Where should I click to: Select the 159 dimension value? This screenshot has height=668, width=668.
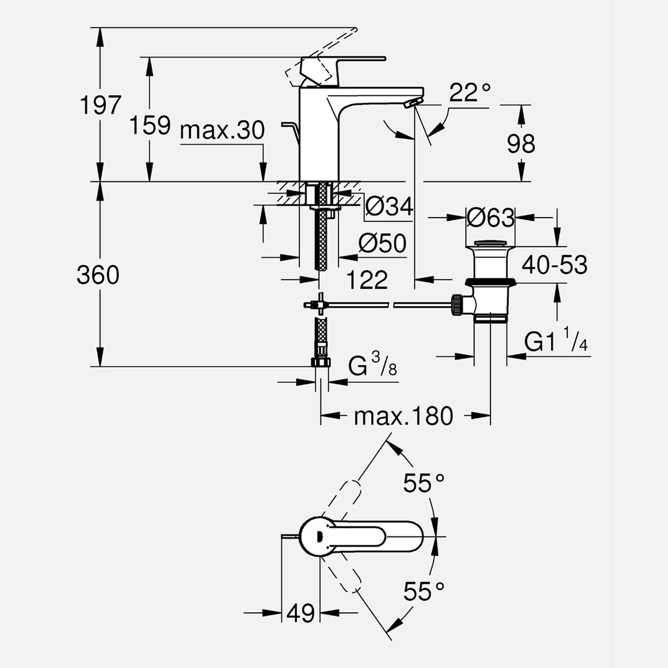(150, 126)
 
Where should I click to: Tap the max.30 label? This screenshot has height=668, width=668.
(222, 131)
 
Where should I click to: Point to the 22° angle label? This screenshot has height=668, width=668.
(469, 93)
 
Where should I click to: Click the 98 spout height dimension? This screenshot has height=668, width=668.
(521, 144)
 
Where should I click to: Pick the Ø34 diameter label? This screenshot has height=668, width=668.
(388, 206)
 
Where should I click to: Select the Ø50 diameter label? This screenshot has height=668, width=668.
(382, 244)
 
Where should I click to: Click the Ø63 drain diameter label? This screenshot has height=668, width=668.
(490, 217)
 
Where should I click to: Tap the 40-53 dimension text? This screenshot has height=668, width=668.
(554, 265)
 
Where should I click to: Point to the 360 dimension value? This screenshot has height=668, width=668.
(98, 275)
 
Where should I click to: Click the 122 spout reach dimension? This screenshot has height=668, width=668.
(367, 280)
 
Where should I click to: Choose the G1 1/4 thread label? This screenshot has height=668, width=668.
(556, 342)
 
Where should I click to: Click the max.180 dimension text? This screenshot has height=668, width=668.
(403, 416)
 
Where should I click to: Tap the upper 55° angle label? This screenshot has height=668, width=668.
(424, 482)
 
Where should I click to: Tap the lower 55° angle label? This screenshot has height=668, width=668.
(424, 592)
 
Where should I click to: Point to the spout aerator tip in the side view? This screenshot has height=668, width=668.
(410, 104)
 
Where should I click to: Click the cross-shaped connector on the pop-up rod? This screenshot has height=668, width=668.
(319, 304)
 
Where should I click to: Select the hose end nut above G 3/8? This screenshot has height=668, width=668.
(321, 362)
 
